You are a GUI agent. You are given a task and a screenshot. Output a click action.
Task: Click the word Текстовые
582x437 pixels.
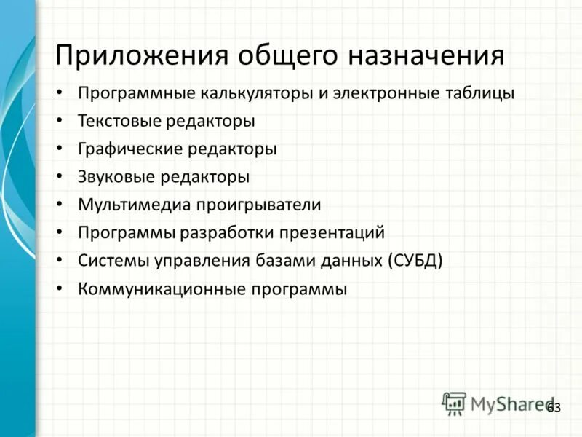pyautogui.click(x=119, y=121)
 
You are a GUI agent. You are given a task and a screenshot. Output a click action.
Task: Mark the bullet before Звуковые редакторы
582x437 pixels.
pyautogui.click(x=60, y=177)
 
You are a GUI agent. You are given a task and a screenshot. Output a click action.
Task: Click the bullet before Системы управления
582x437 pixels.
pyautogui.click(x=60, y=261)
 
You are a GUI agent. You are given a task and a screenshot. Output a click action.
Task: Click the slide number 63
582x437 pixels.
pyautogui.click(x=554, y=408)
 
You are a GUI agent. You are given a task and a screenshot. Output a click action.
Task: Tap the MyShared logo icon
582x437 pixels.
pyautogui.click(x=453, y=403)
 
